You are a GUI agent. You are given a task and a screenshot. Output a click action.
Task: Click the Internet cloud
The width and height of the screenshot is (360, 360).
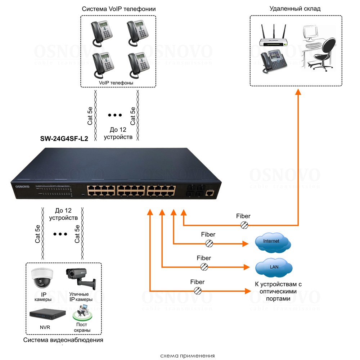[x=272, y=243]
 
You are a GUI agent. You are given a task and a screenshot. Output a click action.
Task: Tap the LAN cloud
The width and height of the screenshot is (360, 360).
[x=273, y=267]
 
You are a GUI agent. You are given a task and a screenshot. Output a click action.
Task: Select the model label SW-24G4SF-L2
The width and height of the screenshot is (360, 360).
[x=64, y=139]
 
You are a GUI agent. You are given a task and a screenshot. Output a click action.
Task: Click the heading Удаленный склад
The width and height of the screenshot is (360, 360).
[x=294, y=9]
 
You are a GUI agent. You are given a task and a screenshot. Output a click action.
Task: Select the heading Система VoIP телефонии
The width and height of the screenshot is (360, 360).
[x=118, y=9]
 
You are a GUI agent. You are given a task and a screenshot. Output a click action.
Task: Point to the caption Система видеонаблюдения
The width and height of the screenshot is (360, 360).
[x=63, y=340]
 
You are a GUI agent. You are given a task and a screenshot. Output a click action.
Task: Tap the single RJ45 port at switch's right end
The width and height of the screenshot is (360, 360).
[x=209, y=193]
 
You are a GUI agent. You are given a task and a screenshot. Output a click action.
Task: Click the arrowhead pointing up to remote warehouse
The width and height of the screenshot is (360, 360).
[x=298, y=92]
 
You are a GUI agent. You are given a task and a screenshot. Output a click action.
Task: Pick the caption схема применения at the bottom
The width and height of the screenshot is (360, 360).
[x=187, y=356]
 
